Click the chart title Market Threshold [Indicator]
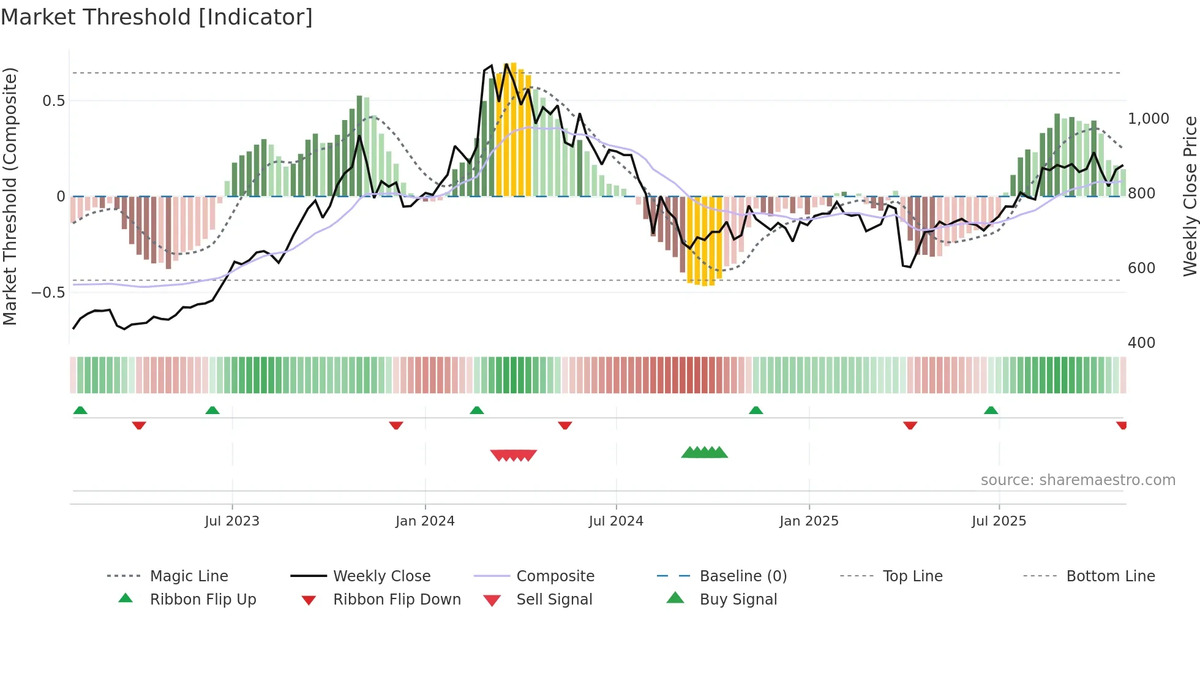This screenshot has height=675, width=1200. [157, 17]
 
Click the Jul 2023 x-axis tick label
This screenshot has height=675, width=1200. [232, 521]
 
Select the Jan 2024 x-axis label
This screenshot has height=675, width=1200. [425, 521]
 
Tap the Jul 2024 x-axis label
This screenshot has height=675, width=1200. [616, 521]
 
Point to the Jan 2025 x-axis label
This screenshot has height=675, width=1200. [809, 521]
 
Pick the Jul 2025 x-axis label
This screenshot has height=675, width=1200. [999, 521]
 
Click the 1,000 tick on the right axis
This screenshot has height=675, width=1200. [1148, 119]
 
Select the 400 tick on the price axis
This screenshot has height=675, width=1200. [1141, 343]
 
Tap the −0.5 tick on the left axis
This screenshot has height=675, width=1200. [48, 293]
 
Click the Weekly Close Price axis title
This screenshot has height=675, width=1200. [1190, 196]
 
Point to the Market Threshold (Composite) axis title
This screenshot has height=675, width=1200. [10, 196]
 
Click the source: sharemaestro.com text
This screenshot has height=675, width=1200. [1078, 480]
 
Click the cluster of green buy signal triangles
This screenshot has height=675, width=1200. [704, 453]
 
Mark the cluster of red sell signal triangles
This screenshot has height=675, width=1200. [513, 455]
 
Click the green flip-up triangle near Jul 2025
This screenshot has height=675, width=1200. [991, 410]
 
